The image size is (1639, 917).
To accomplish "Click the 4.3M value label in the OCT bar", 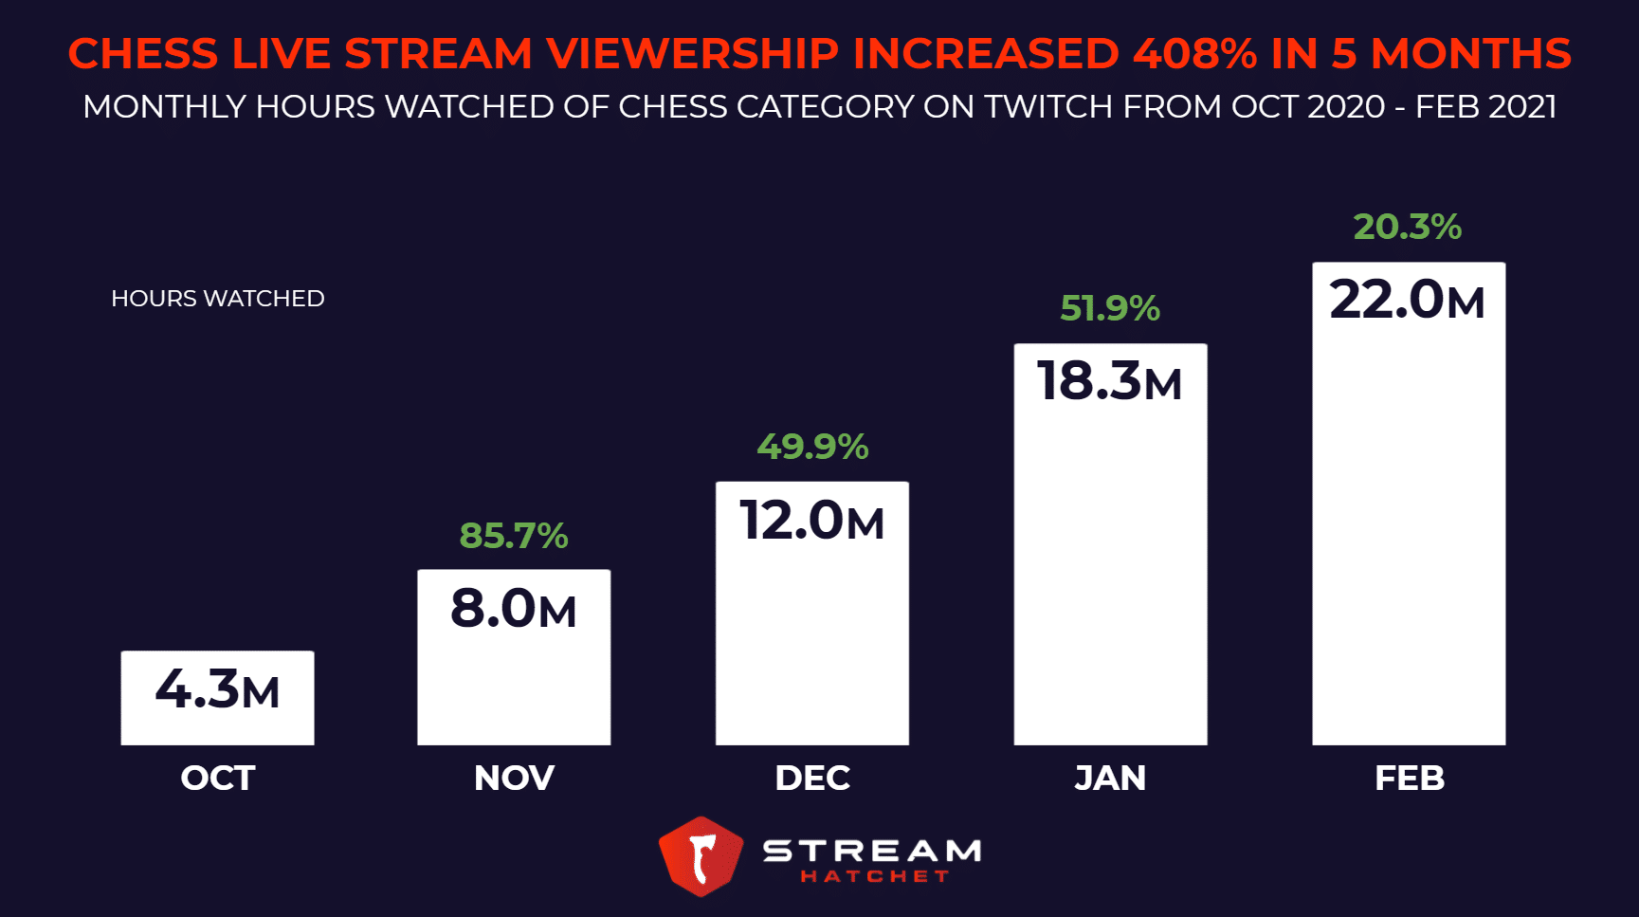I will point(217,689).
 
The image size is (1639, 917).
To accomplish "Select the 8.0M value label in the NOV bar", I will point(513,609).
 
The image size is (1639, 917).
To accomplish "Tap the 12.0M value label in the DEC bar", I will point(811,521).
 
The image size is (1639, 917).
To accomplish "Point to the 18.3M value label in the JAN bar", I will point(1109,381).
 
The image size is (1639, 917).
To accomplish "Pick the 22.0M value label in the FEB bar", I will point(1407,300).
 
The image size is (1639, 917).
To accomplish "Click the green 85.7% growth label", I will point(513,536).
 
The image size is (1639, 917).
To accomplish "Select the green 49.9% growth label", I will point(811,447).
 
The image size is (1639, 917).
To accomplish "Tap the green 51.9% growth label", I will point(1109,308).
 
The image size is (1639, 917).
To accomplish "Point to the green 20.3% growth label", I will point(1407,227).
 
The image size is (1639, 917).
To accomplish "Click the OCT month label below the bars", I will point(217,779).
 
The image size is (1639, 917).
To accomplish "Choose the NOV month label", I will point(514,779).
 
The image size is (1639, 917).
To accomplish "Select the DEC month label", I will point(812,779).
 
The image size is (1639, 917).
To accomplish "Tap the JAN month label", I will point(1109,779).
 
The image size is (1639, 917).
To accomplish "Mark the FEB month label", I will point(1409,779).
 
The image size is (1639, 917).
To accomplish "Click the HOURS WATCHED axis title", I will point(217,299).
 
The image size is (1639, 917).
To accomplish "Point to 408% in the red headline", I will point(1194,54).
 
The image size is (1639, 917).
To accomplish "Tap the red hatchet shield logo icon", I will point(701,856).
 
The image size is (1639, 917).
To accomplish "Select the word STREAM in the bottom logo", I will point(872,851).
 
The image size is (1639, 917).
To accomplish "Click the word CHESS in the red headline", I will point(143,54).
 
